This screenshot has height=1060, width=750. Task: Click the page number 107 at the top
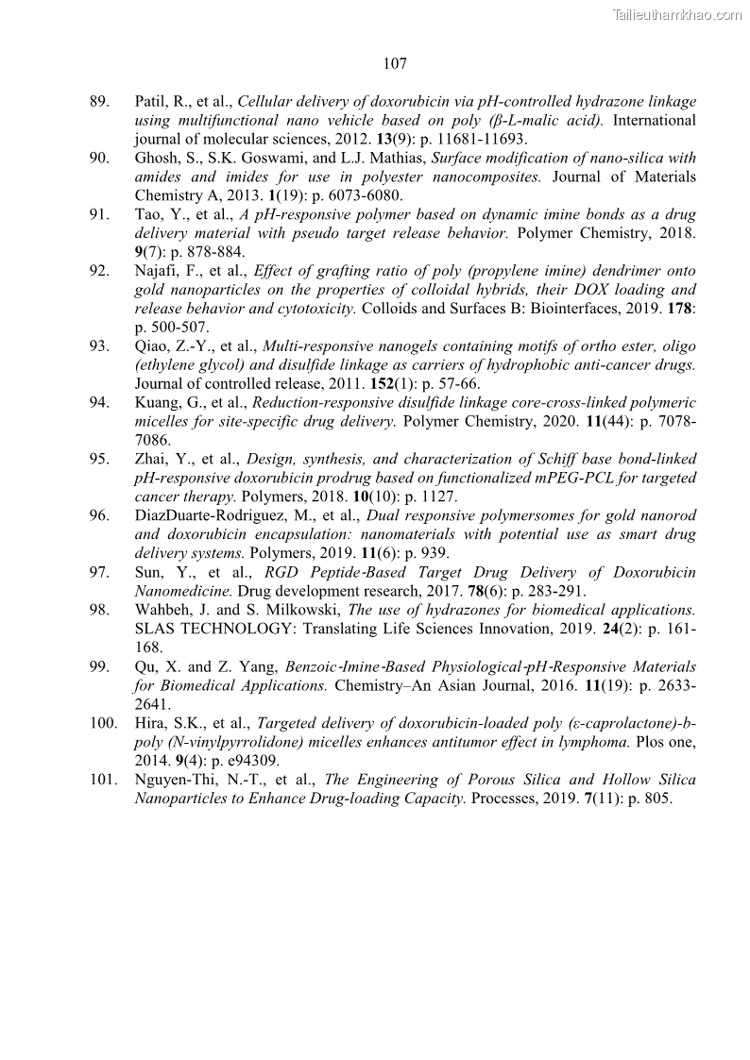[395, 64]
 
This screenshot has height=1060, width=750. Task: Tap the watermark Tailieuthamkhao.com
[677, 15]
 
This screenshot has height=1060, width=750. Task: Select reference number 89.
[99, 102]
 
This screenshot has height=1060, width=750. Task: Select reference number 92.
[99, 271]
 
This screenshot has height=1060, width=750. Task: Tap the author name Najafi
[157, 271]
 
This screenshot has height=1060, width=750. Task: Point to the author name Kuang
[157, 403]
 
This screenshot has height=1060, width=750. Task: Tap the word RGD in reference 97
[282, 572]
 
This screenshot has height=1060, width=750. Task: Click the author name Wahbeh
[162, 610]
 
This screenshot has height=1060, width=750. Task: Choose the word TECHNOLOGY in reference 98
[215, 629]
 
